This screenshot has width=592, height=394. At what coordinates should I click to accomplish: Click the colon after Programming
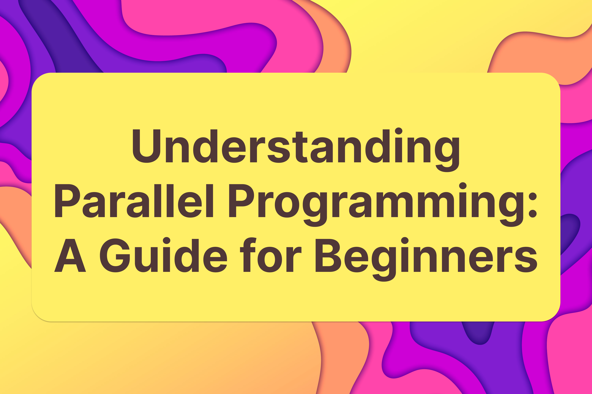(533, 205)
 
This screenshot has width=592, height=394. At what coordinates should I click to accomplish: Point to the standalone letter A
(70, 256)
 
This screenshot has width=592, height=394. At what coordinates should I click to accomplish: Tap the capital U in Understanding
(146, 146)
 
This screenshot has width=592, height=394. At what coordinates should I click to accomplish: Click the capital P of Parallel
(67, 201)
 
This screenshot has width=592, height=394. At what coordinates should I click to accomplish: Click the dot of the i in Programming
(463, 186)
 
